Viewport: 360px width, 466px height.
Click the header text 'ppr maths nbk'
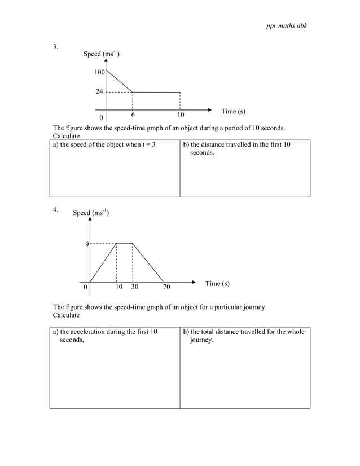tap(286, 27)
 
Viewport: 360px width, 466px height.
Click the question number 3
tap(55, 47)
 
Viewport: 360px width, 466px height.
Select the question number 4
tap(55, 209)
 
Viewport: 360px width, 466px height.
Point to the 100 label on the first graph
tap(99, 73)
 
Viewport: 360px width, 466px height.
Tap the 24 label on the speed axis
tap(99, 91)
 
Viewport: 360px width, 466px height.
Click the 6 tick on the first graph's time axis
tap(133, 113)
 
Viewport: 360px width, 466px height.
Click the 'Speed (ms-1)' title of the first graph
tap(101, 54)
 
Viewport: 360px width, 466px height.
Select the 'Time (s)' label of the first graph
tap(233, 111)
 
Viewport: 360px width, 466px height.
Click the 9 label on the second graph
tap(86, 244)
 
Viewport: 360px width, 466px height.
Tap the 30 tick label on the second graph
tap(135, 287)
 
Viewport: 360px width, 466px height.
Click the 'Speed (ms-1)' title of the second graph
tap(91, 213)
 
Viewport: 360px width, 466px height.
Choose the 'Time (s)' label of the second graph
tap(217, 283)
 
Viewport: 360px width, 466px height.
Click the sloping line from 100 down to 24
tap(119, 80)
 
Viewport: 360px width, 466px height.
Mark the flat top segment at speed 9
tap(124, 243)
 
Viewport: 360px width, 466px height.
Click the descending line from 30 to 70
tap(148, 262)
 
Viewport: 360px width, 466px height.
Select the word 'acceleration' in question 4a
tap(90, 332)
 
